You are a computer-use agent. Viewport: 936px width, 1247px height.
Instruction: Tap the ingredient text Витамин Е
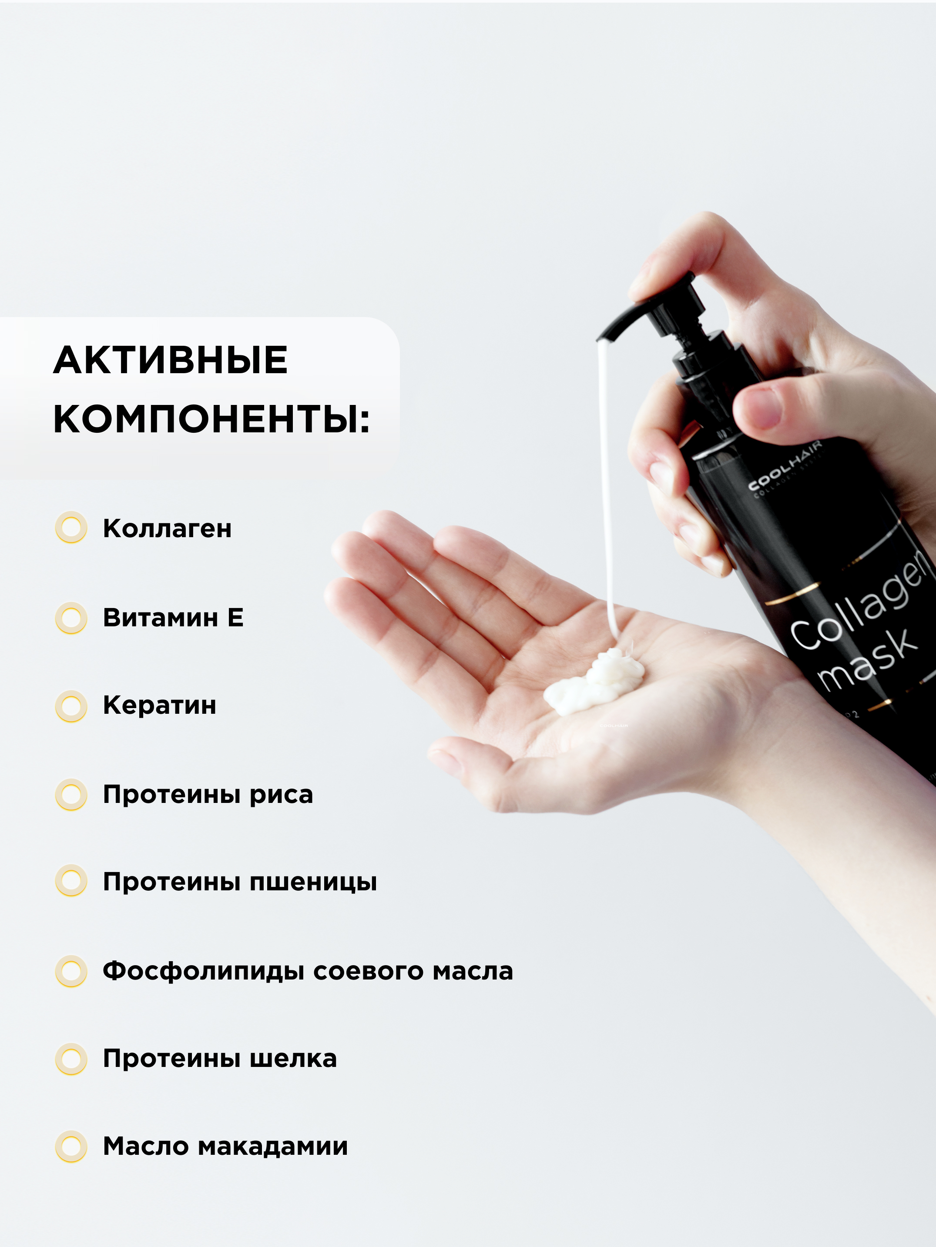[x=173, y=617]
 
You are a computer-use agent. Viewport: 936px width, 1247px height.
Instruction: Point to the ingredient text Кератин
[x=160, y=705]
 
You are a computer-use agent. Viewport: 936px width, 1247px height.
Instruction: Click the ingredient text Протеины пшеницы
[x=240, y=882]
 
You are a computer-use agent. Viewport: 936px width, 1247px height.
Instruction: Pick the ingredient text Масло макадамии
[x=225, y=1147]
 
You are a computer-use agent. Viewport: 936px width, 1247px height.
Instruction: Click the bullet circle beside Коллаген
[x=71, y=528]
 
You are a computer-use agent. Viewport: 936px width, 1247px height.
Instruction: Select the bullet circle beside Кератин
[x=71, y=706]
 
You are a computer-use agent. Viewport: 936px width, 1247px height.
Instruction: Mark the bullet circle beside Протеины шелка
[x=71, y=1059]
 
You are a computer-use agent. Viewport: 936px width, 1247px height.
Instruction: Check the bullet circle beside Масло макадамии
[x=71, y=1147]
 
